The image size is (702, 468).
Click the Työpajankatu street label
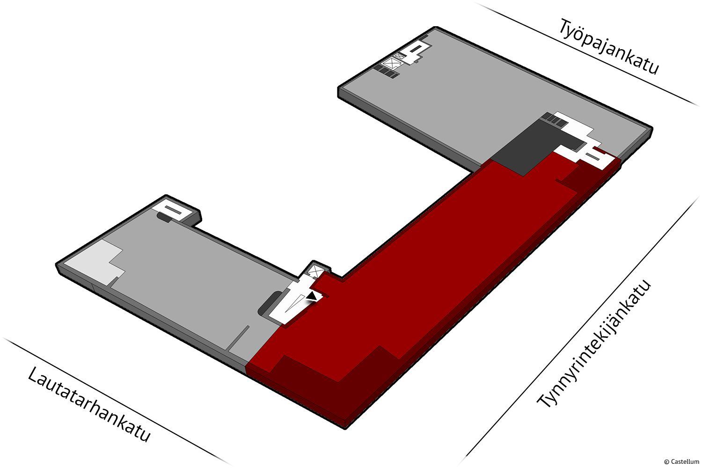point(608,46)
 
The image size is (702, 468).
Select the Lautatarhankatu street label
point(89,404)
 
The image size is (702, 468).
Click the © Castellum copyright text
point(681,461)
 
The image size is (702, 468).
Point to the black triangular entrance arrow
point(312,296)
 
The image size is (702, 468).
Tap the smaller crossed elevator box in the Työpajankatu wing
point(399,56)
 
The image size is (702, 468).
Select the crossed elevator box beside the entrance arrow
point(315,271)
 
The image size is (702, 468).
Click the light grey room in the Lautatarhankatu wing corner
point(94,262)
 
